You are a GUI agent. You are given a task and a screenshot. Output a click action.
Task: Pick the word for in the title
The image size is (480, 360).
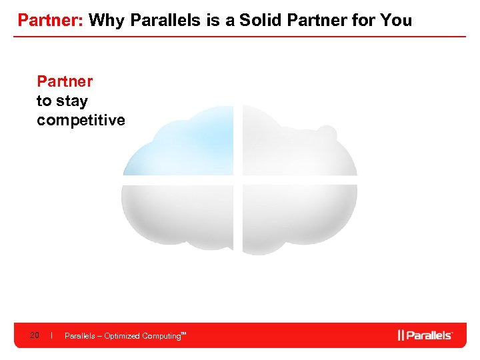click(367, 20)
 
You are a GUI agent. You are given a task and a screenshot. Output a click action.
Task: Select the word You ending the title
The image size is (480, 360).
click(397, 20)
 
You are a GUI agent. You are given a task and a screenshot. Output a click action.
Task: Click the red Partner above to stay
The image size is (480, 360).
click(65, 81)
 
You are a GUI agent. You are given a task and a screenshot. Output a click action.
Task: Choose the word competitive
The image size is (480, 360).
click(81, 120)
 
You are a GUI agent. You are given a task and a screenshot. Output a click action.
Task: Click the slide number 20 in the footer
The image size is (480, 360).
click(34, 335)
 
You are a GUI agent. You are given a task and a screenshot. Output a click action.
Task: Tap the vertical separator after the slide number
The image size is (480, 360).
click(51, 335)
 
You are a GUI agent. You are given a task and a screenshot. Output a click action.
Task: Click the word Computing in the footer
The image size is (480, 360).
click(161, 336)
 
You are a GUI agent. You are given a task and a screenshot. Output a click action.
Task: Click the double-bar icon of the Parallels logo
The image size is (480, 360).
click(401, 335)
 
